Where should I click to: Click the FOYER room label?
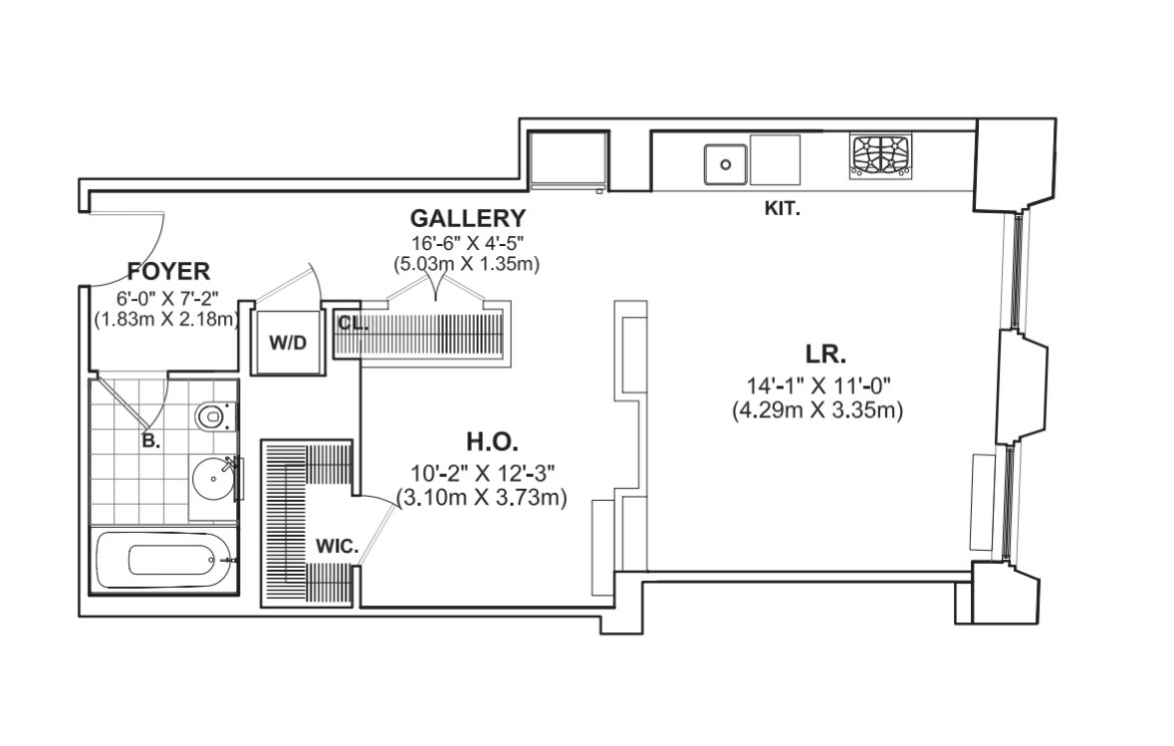[168, 271]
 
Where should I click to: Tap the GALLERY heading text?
[467, 219]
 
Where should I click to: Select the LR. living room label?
[825, 355]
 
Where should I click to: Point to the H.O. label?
[493, 442]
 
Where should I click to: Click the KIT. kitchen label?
[782, 210]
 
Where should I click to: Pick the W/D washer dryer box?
[289, 343]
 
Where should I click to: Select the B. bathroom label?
[150, 441]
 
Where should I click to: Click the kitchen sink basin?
[725, 160]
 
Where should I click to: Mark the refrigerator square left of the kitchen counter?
[569, 159]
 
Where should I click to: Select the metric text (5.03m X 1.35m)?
[466, 264]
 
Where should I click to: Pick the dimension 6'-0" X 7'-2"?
[168, 297]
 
